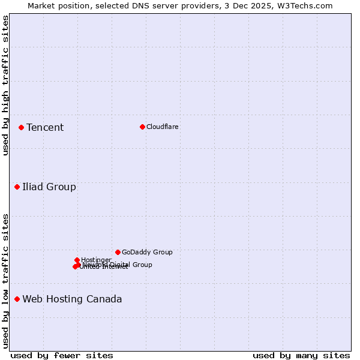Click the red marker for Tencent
21,127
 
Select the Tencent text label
45,127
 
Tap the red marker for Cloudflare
142,127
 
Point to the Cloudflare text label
163,127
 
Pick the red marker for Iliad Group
17,187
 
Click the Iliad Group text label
49,187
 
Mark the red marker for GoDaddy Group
118,252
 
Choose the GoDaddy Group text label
147,252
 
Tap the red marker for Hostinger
77,260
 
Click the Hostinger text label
97,260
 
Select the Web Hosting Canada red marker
17,299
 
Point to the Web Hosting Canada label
72,299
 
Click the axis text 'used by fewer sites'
62,355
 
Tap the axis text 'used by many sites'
301,355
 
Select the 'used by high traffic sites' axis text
5,85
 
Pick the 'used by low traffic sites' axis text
5,280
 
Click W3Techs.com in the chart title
305,5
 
